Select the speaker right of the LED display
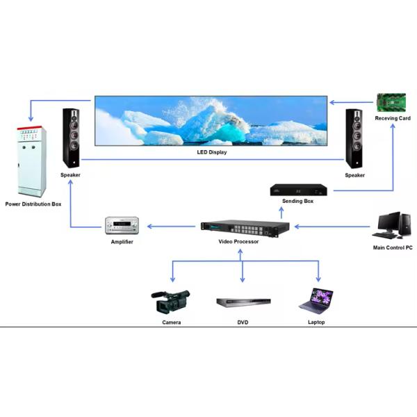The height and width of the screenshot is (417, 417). [x=355, y=138]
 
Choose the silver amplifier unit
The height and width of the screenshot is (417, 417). [x=122, y=225]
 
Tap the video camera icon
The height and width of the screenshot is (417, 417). [x=170, y=302]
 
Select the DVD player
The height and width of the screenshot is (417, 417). [x=242, y=304]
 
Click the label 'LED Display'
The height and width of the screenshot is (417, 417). [x=212, y=151]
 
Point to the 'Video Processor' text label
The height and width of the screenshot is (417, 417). [x=238, y=241]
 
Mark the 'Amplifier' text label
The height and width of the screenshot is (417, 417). [x=122, y=241]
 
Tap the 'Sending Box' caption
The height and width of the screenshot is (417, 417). [x=297, y=202]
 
